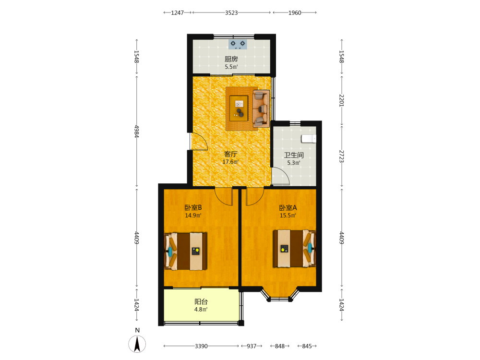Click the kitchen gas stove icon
coord(238,44)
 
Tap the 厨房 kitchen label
coord(231,59)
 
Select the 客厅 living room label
coord(230,154)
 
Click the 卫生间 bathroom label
coord(294,155)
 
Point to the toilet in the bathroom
coord(309,139)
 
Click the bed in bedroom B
coord(185,252)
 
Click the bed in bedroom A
coord(295,249)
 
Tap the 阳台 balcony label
coord(201,301)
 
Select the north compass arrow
coord(137,344)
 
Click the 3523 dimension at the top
coord(231,12)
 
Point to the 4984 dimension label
coord(136,132)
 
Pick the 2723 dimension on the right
coord(342,156)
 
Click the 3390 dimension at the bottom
coord(201,346)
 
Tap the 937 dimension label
coord(252,346)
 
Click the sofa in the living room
coord(261,108)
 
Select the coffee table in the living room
coord(239,108)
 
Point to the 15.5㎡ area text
coord(288,216)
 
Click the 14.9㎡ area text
coord(193,216)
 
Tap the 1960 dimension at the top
coord(295,12)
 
